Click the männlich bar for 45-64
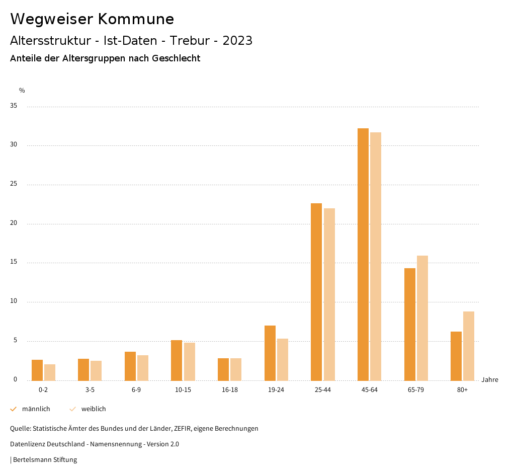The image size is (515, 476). click(363, 254)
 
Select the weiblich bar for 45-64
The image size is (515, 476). click(376, 256)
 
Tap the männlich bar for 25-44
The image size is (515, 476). click(316, 292)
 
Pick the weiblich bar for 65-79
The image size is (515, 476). click(422, 318)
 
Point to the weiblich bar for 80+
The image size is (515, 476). click(469, 346)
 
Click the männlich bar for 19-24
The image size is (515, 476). click(270, 353)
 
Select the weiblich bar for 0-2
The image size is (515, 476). click(50, 372)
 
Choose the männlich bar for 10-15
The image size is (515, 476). click(177, 360)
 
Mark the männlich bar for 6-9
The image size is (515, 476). click(130, 366)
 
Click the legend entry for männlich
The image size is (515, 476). click(36, 409)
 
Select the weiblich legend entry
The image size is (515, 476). click(94, 409)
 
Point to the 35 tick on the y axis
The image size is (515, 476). click(14, 106)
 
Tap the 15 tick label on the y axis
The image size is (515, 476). click(14, 262)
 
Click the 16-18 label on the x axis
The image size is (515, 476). click(229, 390)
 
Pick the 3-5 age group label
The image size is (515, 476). click(90, 390)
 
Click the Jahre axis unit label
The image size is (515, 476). click(489, 380)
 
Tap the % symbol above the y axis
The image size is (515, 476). click(22, 91)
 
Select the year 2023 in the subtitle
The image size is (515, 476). click(237, 41)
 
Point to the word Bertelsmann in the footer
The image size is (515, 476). click(32, 459)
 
